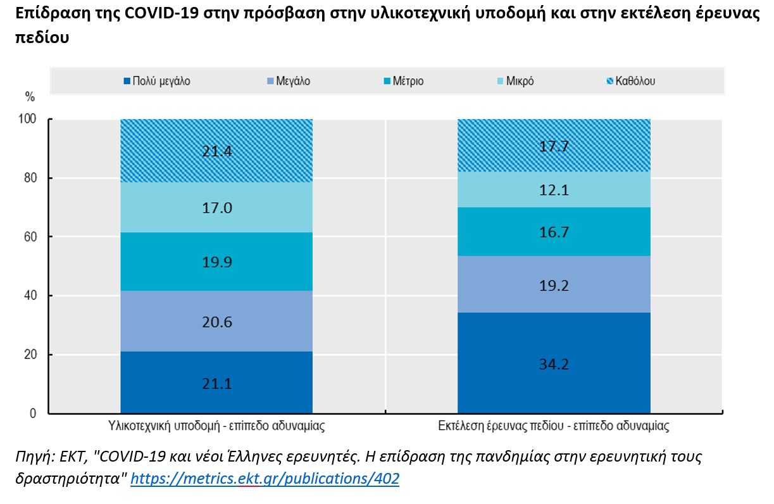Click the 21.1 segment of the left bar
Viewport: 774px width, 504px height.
point(216,382)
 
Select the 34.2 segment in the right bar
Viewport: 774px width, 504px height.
point(554,363)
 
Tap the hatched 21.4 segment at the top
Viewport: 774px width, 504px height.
point(216,151)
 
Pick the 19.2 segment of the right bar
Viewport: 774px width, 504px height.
point(554,285)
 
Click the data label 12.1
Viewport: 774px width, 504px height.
point(554,190)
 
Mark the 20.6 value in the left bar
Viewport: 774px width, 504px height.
point(216,322)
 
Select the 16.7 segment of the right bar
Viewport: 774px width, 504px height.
point(554,232)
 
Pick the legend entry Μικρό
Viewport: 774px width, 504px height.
point(515,81)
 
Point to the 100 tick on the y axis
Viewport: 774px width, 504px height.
point(30,119)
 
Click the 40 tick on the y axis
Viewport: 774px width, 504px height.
point(33,296)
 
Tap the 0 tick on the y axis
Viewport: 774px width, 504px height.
point(36,413)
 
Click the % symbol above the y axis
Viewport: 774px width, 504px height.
point(30,97)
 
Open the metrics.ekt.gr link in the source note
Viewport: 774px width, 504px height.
point(265,479)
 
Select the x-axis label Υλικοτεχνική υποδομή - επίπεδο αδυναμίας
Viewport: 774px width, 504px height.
point(216,426)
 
